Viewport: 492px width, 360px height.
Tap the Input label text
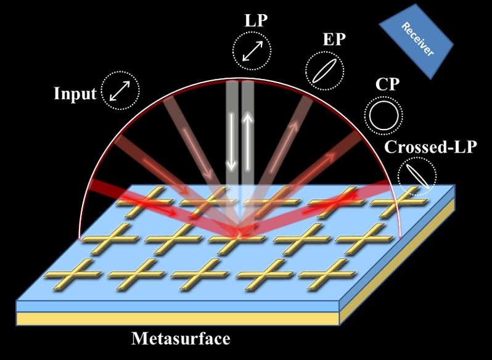[x=75, y=94]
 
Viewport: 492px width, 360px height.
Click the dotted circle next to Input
[x=120, y=91]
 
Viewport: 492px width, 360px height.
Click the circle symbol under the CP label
[x=383, y=113]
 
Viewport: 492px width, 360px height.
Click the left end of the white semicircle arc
[x=80, y=237]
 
